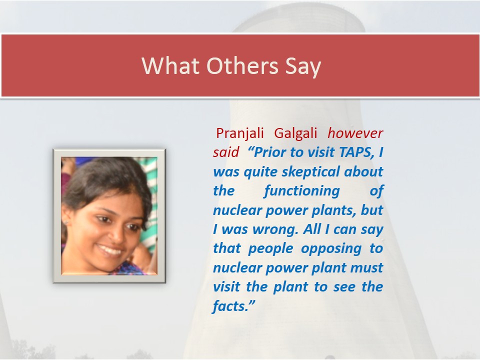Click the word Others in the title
[242, 65]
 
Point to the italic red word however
[355, 133]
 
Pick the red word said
[226, 152]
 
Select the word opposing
[331, 249]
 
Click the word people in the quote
[270, 249]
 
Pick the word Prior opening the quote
[270, 152]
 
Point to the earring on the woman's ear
[66, 222]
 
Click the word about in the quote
[363, 171]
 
